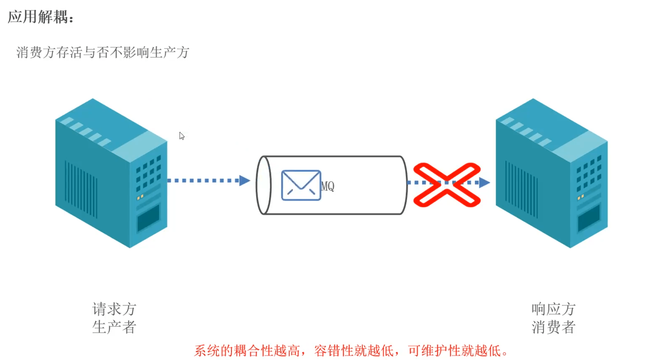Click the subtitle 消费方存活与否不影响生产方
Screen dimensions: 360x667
click(103, 52)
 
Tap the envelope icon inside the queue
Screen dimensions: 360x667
click(301, 185)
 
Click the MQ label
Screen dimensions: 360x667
click(328, 186)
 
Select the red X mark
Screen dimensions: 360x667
click(447, 185)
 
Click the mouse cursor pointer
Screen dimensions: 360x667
click(182, 136)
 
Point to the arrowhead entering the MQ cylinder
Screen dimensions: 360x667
click(244, 180)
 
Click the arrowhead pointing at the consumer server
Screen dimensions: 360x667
click(484, 182)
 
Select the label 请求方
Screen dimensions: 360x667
click(114, 309)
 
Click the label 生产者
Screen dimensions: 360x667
click(114, 327)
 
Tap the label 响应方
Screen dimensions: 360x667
click(553, 309)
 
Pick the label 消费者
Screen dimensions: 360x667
click(553, 327)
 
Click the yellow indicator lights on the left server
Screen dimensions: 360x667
click(140, 197)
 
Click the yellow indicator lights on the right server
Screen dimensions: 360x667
click(581, 197)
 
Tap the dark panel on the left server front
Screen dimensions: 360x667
click(148, 218)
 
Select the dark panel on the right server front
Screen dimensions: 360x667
click(589, 218)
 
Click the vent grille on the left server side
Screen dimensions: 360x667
click(81, 189)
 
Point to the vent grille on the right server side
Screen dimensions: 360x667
click(521, 189)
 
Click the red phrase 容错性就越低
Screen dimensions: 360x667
click(354, 351)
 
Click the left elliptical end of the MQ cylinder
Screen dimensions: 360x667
click(264, 185)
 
